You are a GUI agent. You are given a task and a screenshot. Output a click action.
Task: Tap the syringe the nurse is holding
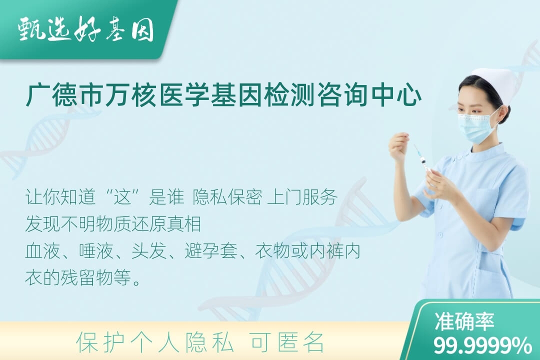[x=422, y=160]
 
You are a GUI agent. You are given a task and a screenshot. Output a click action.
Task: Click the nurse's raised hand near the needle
[x=400, y=147]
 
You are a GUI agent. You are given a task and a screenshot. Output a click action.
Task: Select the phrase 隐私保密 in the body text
[x=227, y=197]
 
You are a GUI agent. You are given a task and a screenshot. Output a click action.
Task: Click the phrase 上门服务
[x=302, y=197]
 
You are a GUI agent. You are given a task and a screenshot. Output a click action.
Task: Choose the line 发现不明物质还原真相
[x=113, y=224]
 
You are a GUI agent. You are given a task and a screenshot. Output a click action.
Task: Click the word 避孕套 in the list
[x=211, y=251]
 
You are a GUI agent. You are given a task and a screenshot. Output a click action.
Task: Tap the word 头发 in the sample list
[x=149, y=251]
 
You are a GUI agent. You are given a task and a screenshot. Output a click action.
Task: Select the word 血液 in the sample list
[x=42, y=251]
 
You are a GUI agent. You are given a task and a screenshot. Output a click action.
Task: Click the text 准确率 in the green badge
[x=464, y=321]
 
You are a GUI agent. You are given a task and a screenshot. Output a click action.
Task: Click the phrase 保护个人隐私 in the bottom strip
[x=154, y=343]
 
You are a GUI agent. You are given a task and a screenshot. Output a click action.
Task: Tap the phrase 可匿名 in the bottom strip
[x=287, y=343]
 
